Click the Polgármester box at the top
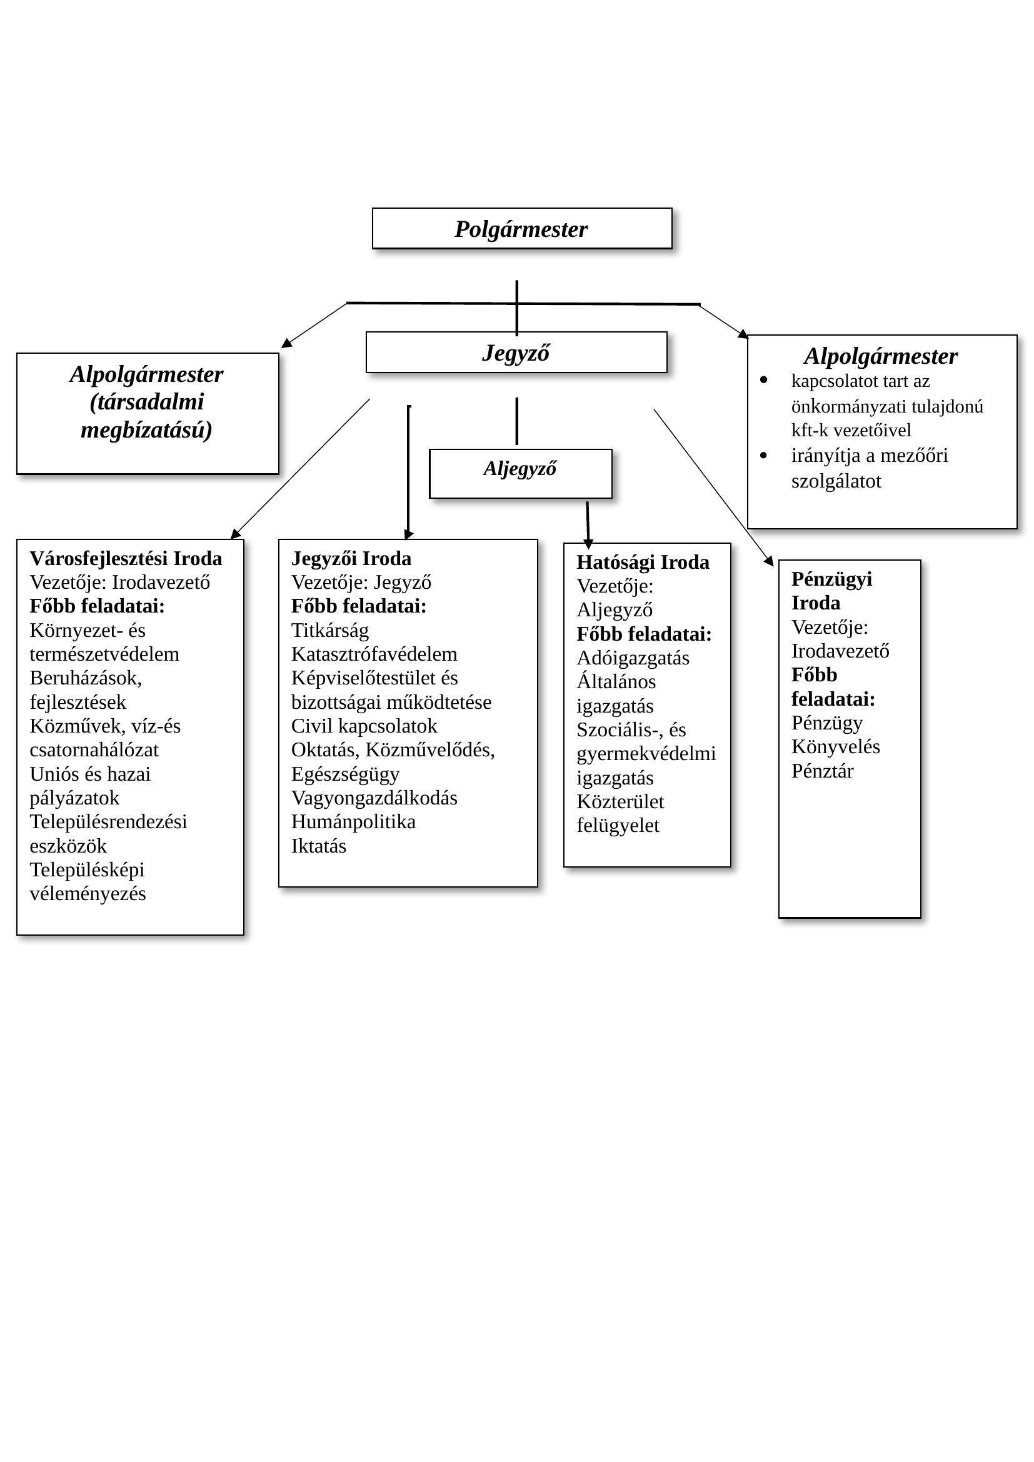tap(521, 229)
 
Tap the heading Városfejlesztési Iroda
tap(126, 558)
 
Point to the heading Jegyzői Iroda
tap(351, 558)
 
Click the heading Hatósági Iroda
tap(643, 563)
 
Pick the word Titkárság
tap(330, 631)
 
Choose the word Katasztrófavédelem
tap(374, 654)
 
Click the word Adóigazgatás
tap(633, 658)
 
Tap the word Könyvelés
tap(835, 746)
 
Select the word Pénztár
tap(823, 771)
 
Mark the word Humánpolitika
tap(353, 821)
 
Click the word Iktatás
tap(319, 846)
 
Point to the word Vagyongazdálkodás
tap(374, 798)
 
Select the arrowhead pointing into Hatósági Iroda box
tap(588, 544)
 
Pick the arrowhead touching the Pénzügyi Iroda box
tap(769, 562)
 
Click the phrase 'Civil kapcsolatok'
tap(364, 726)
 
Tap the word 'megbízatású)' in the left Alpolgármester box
tap(146, 430)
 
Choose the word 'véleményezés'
tap(88, 893)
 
